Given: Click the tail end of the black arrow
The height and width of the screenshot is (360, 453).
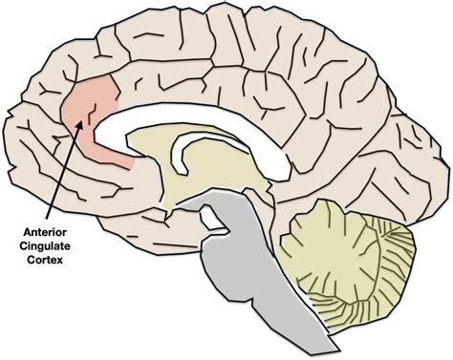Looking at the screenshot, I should pos(46,218).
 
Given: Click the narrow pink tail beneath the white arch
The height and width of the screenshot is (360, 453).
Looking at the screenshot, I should pos(119,157).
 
